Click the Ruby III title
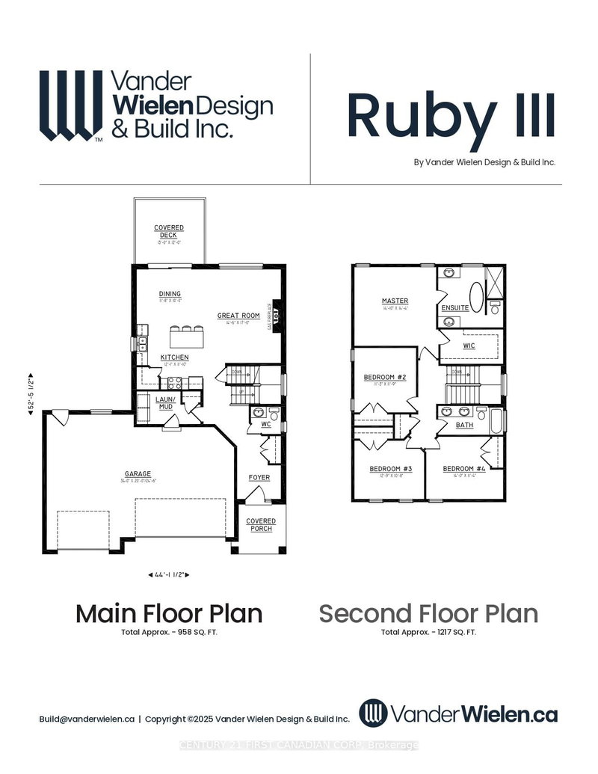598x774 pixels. [x=451, y=116]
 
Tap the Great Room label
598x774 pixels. [x=238, y=316]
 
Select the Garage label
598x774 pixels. [x=138, y=473]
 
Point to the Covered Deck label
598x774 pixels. [x=169, y=231]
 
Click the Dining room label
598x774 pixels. [x=170, y=293]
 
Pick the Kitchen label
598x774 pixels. [x=174, y=357]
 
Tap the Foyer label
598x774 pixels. [x=259, y=477]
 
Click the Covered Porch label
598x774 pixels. [x=261, y=525]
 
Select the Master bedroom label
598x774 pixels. [x=395, y=301]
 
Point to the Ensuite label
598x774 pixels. [x=455, y=307]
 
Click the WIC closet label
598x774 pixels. [x=469, y=345]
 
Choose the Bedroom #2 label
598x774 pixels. [x=384, y=377]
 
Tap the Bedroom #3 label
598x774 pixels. [x=391, y=469]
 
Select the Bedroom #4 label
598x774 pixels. [x=463, y=469]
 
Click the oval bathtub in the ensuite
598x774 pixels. [x=477, y=295]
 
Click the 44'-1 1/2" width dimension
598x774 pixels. [x=168, y=574]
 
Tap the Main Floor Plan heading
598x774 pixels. [x=169, y=614]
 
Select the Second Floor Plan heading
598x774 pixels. [x=428, y=614]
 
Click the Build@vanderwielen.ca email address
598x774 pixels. [x=87, y=719]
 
